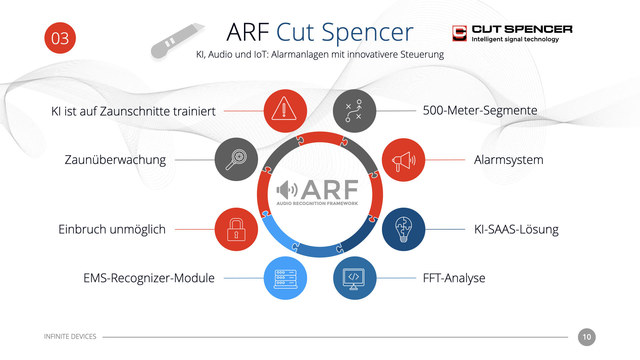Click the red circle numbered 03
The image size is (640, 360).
(60, 38)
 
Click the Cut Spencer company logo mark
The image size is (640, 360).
(459, 33)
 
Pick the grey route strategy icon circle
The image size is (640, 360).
(354, 111)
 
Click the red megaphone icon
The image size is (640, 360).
(403, 160)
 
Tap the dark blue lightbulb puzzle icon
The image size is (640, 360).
(403, 229)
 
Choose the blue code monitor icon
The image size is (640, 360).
(355, 278)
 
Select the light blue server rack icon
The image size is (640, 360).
(285, 278)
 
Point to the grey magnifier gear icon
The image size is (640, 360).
(236, 159)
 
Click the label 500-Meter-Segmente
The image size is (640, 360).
(480, 110)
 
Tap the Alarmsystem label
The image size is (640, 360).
(509, 160)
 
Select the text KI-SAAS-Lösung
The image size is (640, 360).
(516, 229)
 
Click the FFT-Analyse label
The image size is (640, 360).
(454, 278)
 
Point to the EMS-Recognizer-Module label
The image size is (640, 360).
(149, 278)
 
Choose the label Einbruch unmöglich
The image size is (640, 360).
(112, 229)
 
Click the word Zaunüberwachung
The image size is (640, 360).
(115, 160)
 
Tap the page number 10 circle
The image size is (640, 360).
(587, 337)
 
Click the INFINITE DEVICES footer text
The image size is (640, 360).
(70, 337)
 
